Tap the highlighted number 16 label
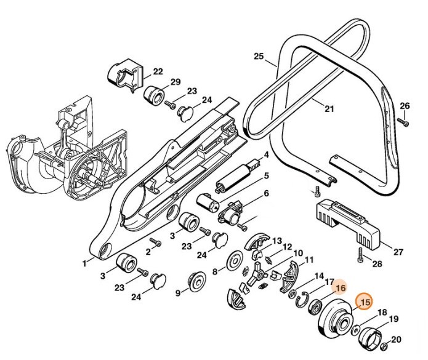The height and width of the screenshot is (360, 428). click(x=340, y=287)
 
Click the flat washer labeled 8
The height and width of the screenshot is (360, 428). click(x=235, y=258)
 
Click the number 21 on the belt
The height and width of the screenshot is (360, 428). click(x=329, y=110)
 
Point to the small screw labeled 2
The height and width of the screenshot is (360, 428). click(x=155, y=244)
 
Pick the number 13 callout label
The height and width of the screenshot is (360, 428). click(x=277, y=240)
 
